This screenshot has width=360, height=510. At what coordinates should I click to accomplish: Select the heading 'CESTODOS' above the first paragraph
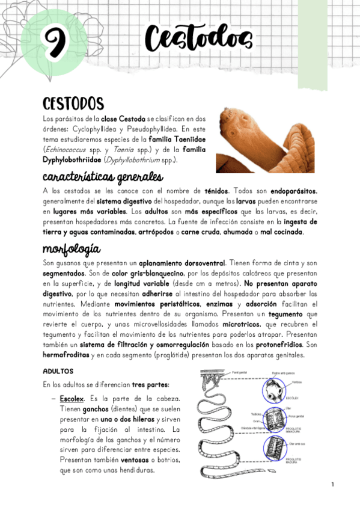[x=73, y=103]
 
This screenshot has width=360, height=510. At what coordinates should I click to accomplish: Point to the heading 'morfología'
[x=72, y=249]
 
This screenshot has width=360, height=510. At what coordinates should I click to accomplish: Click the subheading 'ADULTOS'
[x=58, y=372]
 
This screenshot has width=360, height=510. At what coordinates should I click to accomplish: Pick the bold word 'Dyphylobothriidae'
[x=72, y=160]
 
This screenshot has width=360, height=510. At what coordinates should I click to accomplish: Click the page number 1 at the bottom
[x=332, y=484]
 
